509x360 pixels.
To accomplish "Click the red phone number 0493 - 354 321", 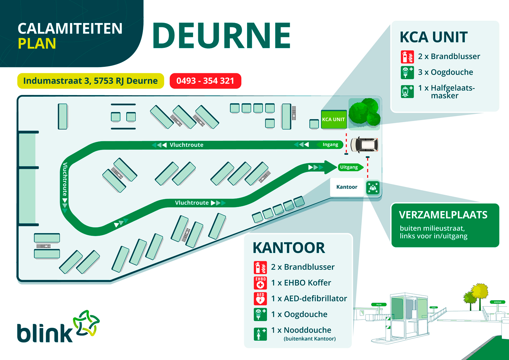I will tap(205, 81).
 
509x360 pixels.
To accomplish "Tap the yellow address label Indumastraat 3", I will tap(90, 81).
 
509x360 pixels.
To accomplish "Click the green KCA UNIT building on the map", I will tap(334, 119).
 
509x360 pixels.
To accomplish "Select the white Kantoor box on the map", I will tap(347, 187).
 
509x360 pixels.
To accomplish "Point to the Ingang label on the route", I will tap(330, 145).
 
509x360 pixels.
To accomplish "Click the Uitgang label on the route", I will tap(349, 167).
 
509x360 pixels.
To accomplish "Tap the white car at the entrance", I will tap(364, 145).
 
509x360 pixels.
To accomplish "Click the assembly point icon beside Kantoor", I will tap(373, 187).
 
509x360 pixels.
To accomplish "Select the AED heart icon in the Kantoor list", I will tap(260, 299).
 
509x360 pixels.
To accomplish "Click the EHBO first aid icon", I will tap(260, 283).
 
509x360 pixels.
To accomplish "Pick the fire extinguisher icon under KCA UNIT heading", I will tap(407, 57).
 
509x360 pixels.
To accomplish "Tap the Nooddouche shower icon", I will tap(260, 334).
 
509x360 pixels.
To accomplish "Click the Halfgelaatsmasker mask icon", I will tap(407, 92).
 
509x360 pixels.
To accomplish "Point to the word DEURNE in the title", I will tap(222, 36).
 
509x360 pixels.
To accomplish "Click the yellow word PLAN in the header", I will tap(37, 44).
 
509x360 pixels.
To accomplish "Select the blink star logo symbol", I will tap(86, 323).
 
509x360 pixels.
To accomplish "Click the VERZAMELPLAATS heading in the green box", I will tap(443, 215).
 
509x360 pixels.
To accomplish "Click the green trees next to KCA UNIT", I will tap(364, 112).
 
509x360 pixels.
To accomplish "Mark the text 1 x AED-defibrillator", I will tap(309, 299).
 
